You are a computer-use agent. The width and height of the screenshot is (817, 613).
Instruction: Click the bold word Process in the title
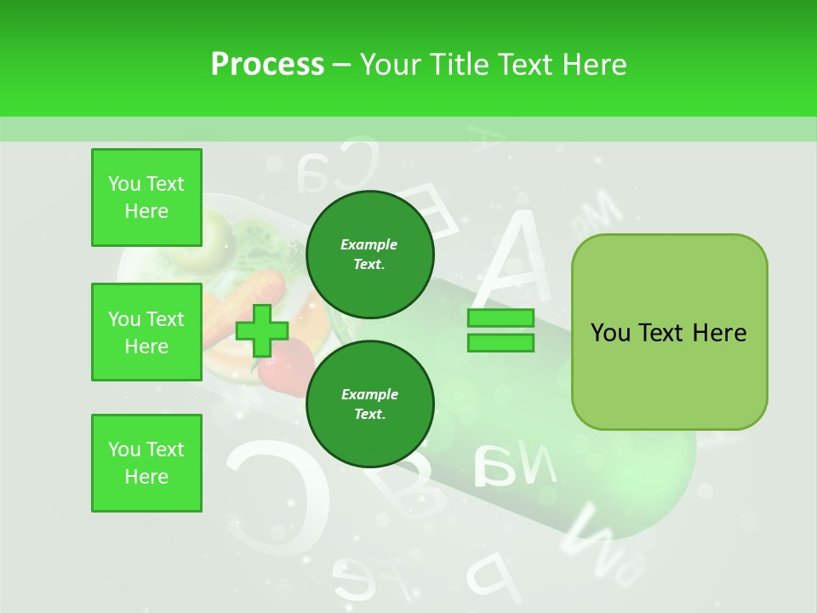(x=267, y=65)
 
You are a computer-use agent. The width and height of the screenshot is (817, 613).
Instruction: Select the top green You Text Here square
(x=146, y=198)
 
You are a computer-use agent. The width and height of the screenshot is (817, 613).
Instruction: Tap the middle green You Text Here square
(x=146, y=332)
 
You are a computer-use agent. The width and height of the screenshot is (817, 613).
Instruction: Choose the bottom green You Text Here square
(x=146, y=463)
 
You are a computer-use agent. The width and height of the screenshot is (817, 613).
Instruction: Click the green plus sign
(x=262, y=330)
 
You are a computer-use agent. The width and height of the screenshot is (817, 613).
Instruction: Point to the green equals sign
(x=500, y=330)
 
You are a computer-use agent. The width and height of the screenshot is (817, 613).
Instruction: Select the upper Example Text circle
(x=369, y=255)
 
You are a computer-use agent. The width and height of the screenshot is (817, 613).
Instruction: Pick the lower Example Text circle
(x=369, y=404)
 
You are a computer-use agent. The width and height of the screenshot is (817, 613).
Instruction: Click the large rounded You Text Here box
(x=669, y=332)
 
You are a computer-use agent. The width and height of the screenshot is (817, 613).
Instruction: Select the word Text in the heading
(x=526, y=65)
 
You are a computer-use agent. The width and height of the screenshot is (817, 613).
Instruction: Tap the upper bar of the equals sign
(x=500, y=318)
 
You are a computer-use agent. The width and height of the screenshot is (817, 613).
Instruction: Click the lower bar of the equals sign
(x=500, y=343)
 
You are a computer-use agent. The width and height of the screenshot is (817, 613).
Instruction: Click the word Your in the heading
(x=391, y=65)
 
